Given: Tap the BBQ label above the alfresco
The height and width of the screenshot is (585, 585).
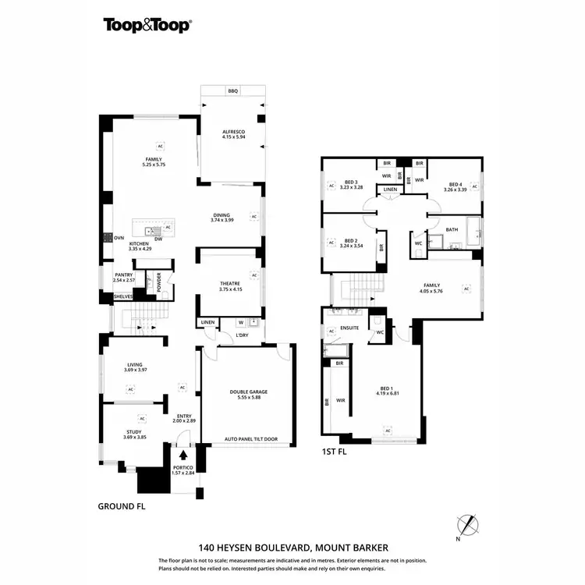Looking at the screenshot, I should coord(232,91).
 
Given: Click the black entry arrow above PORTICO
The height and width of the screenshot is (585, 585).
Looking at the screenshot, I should coord(184,454).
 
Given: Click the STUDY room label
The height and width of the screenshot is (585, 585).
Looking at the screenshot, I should coord(134,432).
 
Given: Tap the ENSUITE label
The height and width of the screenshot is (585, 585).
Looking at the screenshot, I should coord(349,328).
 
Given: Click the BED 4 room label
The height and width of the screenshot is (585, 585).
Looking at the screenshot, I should coord(454,183).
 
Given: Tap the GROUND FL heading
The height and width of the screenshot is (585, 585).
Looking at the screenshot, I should coord(122,505).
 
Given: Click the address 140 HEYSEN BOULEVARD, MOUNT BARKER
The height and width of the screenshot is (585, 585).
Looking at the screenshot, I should coord(292,548).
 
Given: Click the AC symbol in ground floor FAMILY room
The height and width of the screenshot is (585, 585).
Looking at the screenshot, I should coord(161,146).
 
